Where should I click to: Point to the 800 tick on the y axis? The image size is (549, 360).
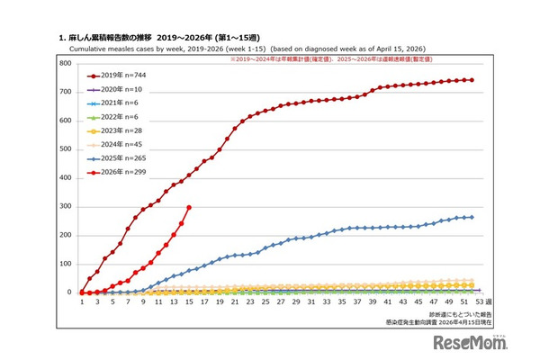[x=65, y=64]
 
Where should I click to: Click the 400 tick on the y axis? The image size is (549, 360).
[x=65, y=178]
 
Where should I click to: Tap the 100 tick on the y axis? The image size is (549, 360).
[x=65, y=264]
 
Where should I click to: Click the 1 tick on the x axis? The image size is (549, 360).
[x=82, y=303]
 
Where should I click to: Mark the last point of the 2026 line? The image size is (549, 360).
[x=189, y=207]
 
